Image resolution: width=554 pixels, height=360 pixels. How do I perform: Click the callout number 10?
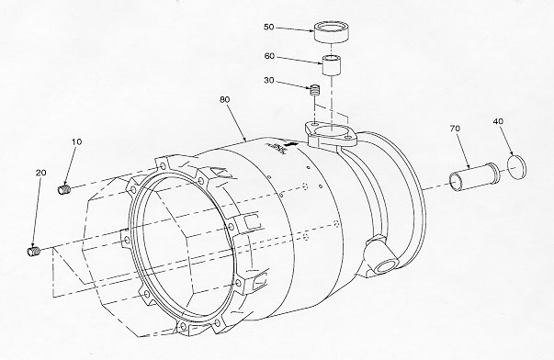click(x=76, y=141)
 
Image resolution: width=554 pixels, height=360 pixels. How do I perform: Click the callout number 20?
click(x=41, y=173)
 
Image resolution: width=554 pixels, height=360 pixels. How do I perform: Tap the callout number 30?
click(x=269, y=81)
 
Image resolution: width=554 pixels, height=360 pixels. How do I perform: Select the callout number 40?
click(x=498, y=121)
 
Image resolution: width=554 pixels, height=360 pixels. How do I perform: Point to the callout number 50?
click(x=269, y=27)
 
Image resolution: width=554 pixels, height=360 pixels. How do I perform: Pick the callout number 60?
click(x=269, y=56)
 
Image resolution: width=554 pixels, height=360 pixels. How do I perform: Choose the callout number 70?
click(x=455, y=129)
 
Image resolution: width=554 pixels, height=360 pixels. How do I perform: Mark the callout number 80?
click(x=225, y=99)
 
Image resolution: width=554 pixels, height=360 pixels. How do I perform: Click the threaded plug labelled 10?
click(x=64, y=189)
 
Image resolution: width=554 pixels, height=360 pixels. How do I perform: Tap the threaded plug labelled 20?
click(x=34, y=251)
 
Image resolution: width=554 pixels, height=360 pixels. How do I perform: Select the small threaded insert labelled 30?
click(x=314, y=90)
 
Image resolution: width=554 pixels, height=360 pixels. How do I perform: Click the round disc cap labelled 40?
click(x=516, y=167)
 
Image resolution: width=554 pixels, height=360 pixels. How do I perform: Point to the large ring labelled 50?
click(x=332, y=32)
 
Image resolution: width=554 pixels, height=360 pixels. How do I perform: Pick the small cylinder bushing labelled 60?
click(x=332, y=65)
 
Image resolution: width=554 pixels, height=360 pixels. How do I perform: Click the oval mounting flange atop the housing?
click(x=330, y=135)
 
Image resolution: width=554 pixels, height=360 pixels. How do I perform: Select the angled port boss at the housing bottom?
click(x=381, y=256)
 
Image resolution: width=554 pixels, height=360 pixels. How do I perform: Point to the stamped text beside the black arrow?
click(x=277, y=147)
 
